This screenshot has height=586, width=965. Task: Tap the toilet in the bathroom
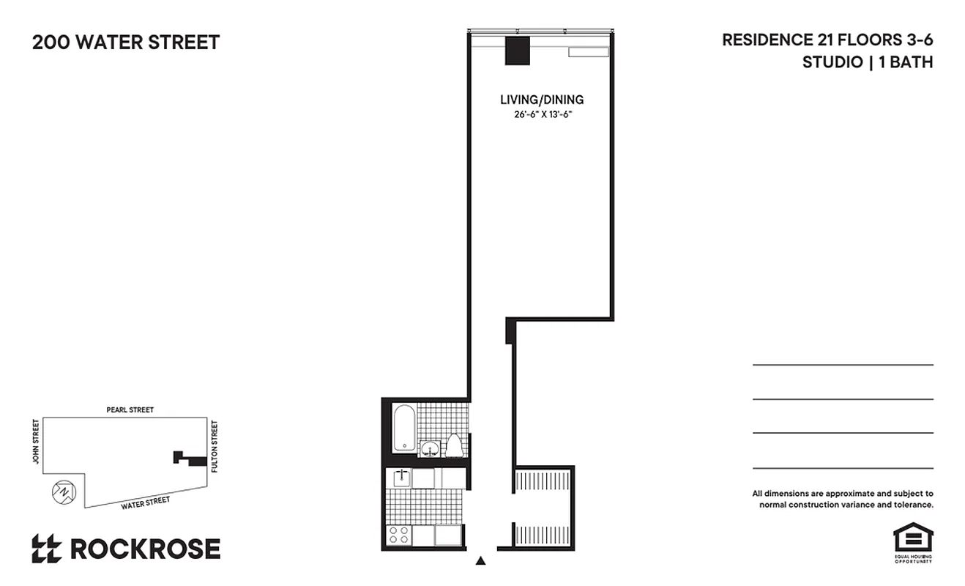454,445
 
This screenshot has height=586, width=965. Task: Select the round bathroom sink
429,448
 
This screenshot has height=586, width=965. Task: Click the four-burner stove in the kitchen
399,535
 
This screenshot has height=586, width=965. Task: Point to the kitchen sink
400,478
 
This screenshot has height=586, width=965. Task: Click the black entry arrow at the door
481,561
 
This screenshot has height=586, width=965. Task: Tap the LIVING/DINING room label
542,100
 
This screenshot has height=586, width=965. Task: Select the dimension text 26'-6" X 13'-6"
542,115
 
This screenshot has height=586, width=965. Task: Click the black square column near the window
518,50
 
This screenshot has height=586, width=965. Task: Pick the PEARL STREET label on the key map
130,410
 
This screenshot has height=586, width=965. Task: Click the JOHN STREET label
34,442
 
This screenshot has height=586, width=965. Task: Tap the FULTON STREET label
215,445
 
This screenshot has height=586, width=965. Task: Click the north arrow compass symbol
64,492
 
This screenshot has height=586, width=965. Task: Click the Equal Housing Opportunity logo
912,541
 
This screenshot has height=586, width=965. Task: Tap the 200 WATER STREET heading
126,42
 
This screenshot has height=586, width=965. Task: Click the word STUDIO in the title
832,62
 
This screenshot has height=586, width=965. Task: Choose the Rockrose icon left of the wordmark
46,549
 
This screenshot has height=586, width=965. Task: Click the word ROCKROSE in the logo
145,549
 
